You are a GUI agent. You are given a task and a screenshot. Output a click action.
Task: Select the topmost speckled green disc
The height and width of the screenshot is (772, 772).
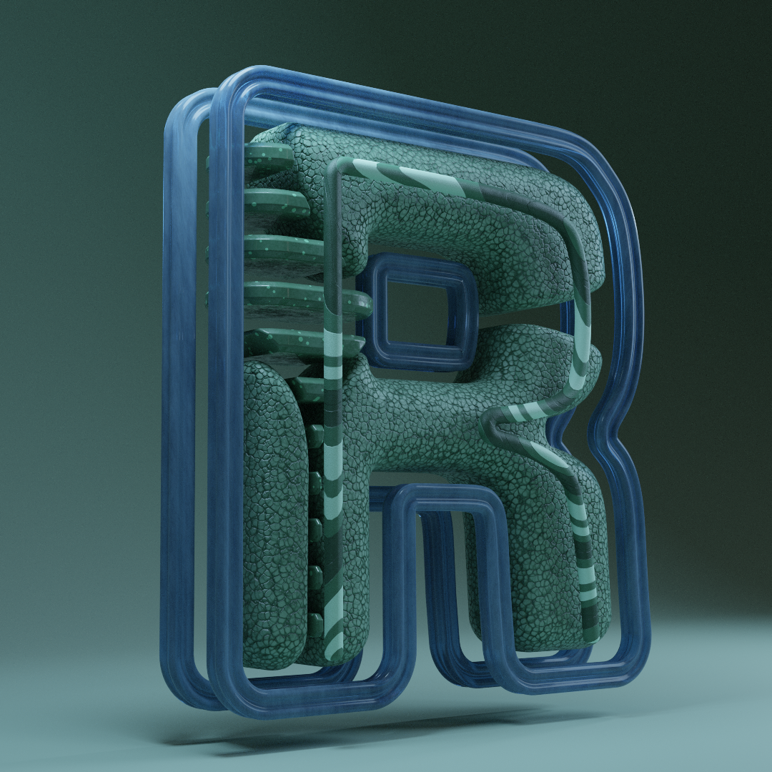pos(268,156)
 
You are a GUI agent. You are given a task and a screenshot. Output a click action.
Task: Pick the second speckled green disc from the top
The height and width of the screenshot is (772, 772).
pos(276,202)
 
